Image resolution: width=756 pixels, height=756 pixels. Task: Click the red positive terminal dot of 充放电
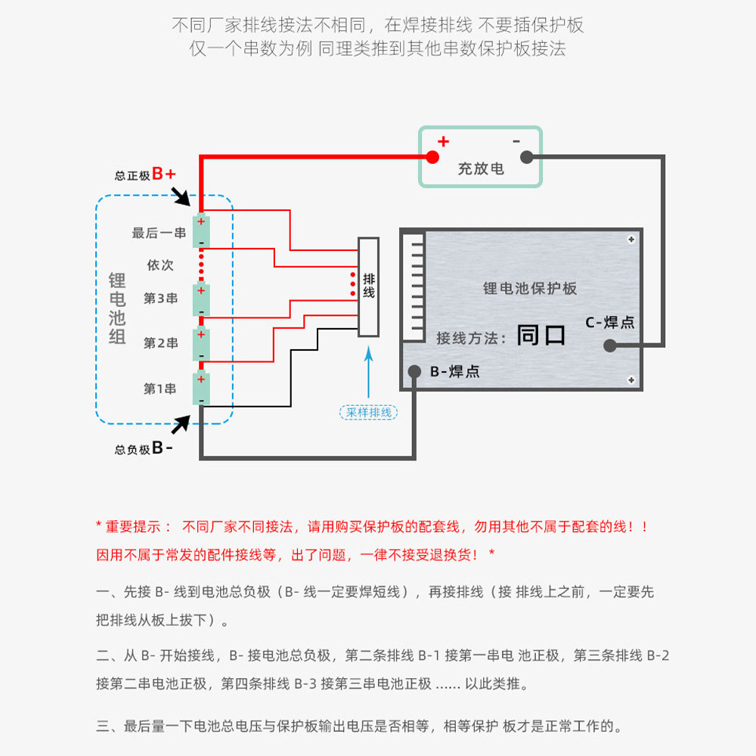click(x=432, y=156)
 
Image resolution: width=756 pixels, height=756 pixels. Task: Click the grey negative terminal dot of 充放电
click(x=526, y=156)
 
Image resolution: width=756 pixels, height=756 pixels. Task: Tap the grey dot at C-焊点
click(x=610, y=345)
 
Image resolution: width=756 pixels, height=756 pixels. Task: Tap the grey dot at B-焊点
click(x=414, y=371)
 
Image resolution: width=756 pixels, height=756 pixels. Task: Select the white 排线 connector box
click(x=368, y=287)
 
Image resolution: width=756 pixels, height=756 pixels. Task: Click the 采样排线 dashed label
click(x=369, y=412)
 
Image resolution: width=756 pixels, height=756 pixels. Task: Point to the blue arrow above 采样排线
click(x=369, y=372)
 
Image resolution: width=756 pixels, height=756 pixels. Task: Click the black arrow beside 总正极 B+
click(x=181, y=196)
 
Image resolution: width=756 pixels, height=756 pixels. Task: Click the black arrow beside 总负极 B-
click(x=181, y=424)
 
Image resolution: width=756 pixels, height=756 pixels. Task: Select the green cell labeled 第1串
click(x=202, y=389)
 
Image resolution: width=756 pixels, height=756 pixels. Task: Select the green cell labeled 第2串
click(x=202, y=344)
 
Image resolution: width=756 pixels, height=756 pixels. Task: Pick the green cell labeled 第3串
click(x=202, y=299)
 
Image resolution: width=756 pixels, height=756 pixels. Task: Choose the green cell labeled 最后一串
click(x=202, y=231)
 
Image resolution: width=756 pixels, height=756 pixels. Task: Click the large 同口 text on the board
click(x=541, y=335)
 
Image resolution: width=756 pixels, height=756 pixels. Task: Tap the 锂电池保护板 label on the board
click(x=530, y=288)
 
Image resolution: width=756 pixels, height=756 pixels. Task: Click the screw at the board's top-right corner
click(x=631, y=240)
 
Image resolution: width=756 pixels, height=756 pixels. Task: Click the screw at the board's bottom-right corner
click(x=631, y=380)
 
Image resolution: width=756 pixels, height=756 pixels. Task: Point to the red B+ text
click(x=164, y=174)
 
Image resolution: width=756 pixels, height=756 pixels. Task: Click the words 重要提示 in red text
click(x=132, y=526)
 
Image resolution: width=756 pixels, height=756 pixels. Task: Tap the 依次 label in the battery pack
click(x=160, y=265)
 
